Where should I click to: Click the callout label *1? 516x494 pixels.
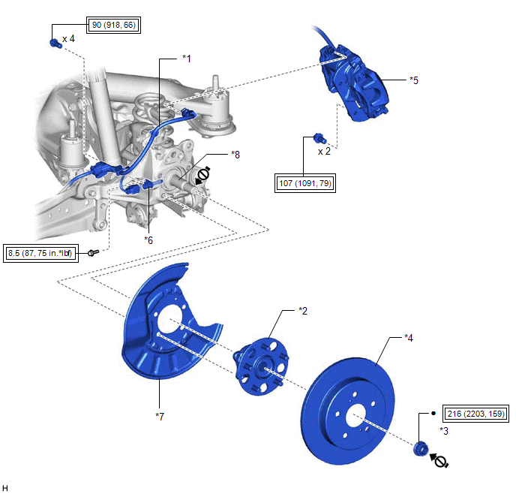click(187, 58)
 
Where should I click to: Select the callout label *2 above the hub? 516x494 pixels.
click(303, 310)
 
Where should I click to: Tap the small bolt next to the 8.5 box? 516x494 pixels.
click(92, 253)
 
